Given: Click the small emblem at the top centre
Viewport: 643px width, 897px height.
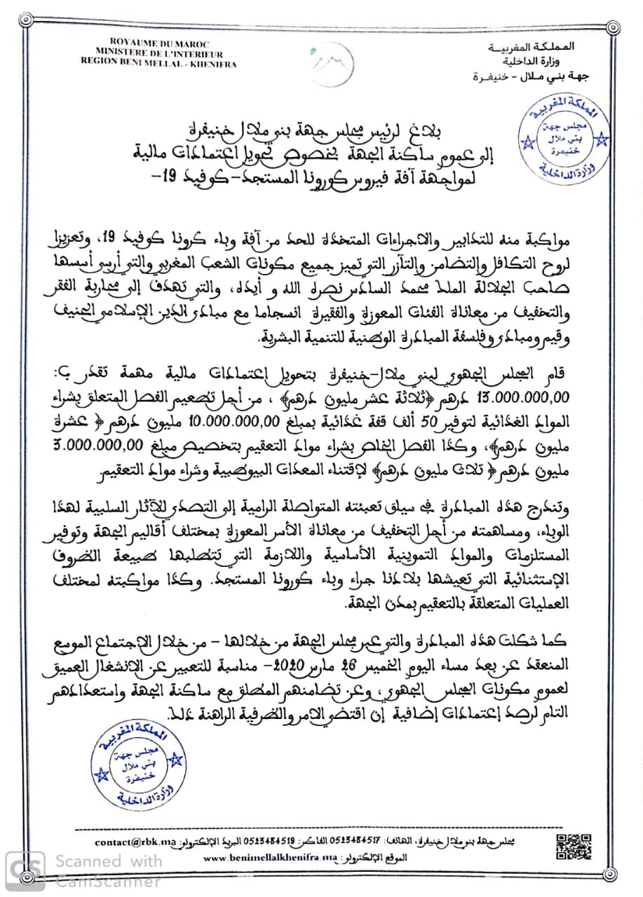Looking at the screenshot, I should [320, 62].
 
